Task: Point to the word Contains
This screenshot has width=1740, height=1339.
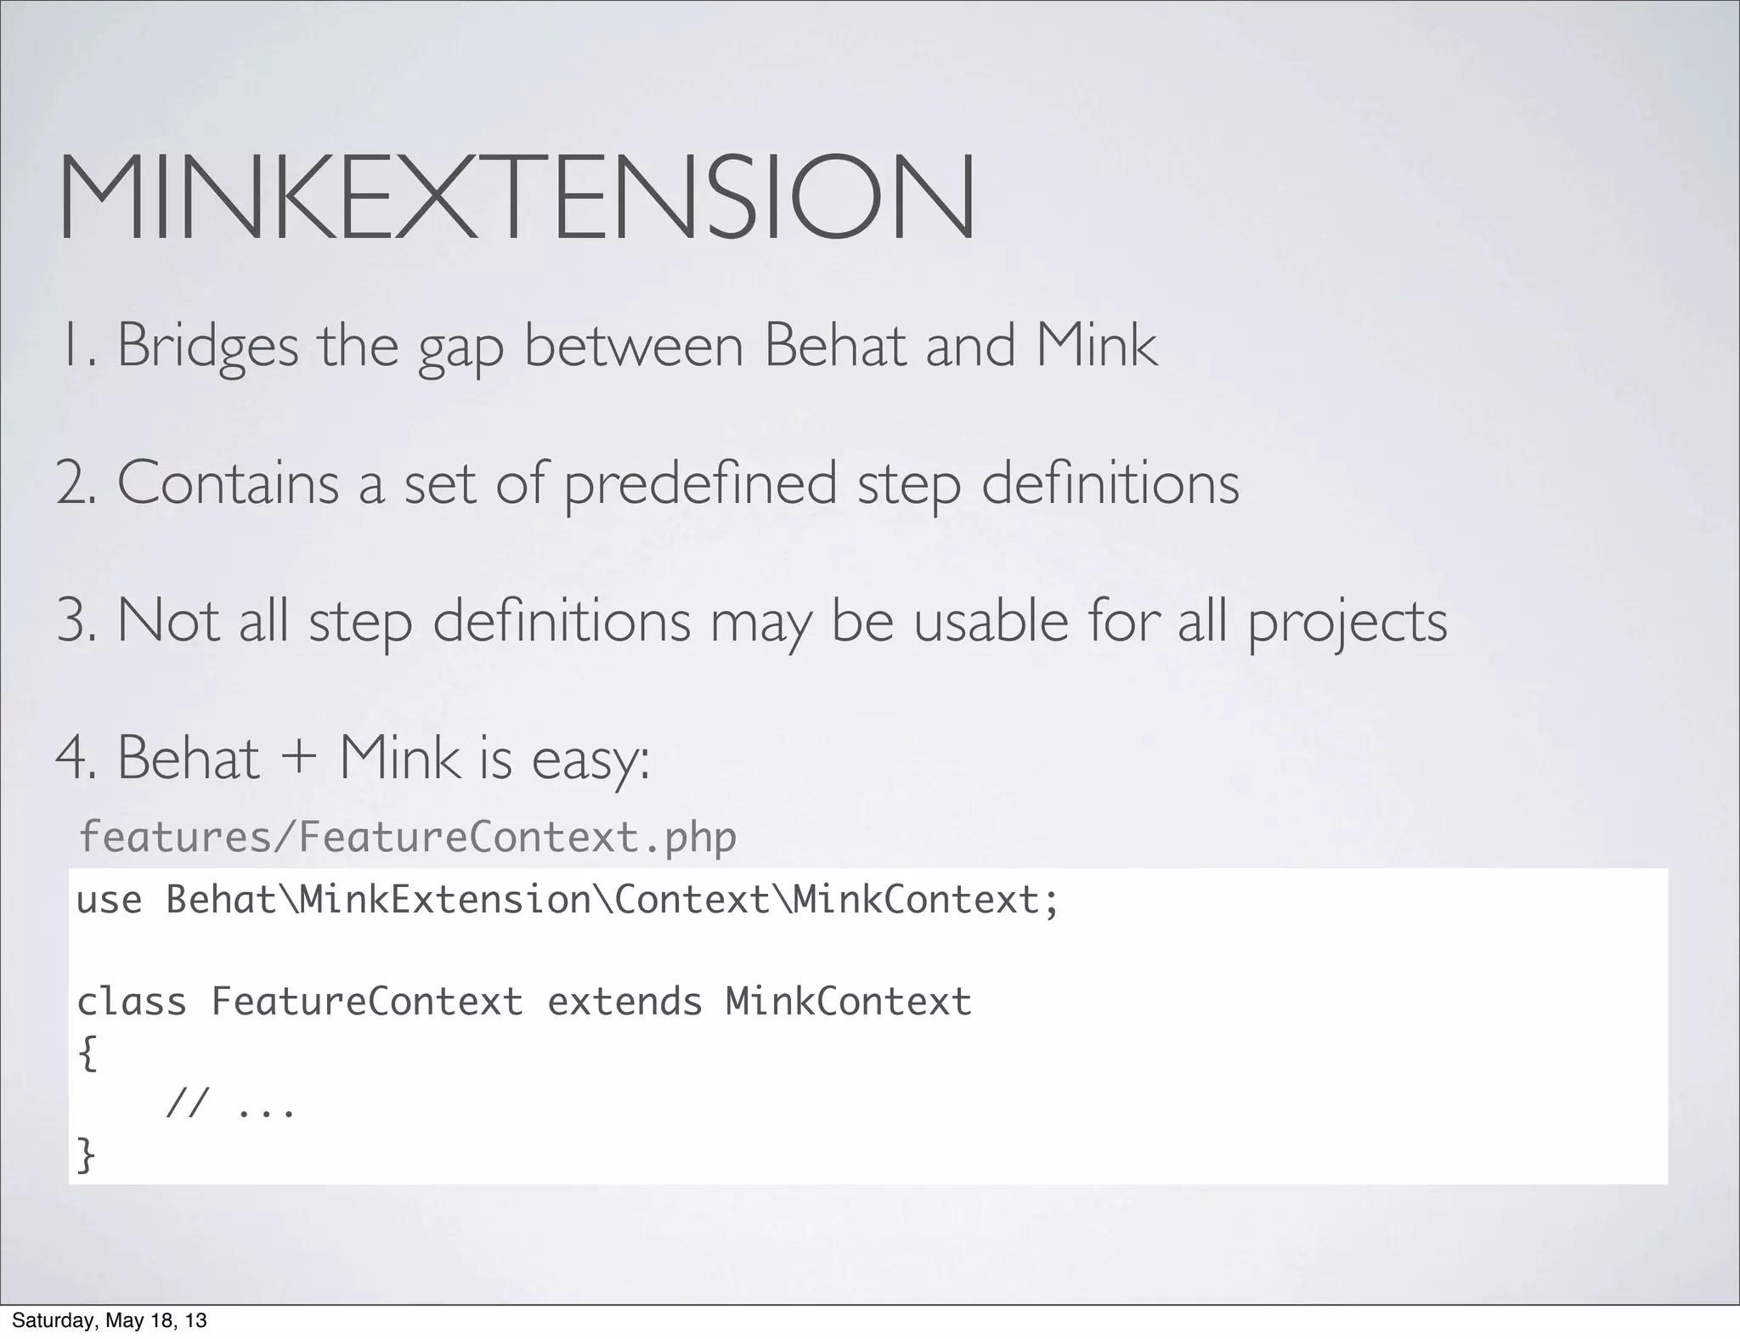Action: click(228, 483)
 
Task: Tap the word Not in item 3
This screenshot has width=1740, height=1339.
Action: click(168, 620)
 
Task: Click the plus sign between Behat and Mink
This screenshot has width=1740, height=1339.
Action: click(298, 759)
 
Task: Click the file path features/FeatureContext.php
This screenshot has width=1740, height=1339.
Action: click(407, 838)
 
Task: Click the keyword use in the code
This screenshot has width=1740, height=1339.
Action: click(109, 901)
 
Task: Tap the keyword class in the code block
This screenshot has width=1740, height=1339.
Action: click(132, 1002)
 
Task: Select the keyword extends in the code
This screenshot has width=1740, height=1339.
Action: click(624, 1002)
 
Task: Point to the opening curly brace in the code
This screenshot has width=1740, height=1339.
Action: click(88, 1054)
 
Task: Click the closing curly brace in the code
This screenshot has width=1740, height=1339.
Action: click(87, 1155)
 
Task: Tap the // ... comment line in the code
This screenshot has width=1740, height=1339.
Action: click(230, 1105)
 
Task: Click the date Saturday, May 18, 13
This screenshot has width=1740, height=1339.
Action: click(109, 1321)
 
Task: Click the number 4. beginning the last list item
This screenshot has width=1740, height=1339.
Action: click(74, 759)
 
